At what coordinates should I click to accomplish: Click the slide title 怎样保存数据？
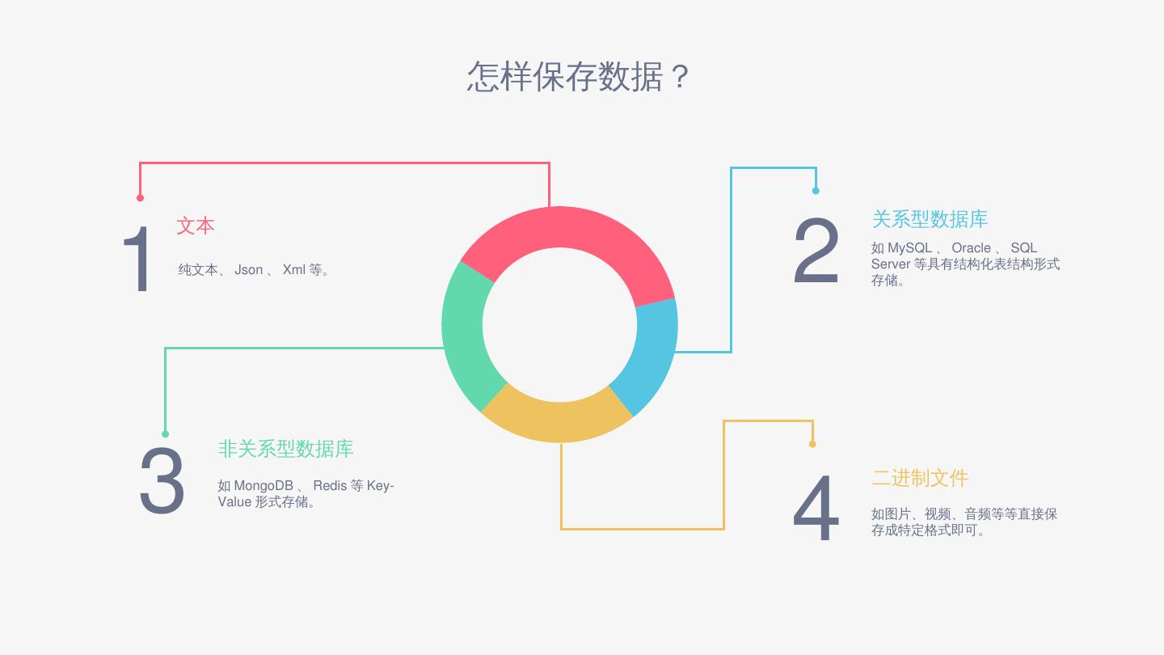(578, 77)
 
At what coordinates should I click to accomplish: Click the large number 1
(138, 260)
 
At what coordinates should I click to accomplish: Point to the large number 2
(816, 251)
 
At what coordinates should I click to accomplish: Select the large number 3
(162, 481)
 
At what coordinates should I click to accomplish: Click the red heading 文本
(196, 226)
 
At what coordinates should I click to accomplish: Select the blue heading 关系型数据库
(930, 219)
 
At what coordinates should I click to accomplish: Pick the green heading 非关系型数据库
(285, 449)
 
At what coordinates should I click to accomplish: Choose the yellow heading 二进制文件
(920, 478)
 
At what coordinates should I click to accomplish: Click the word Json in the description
(248, 270)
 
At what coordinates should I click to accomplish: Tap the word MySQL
(909, 248)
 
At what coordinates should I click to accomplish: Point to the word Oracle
(971, 248)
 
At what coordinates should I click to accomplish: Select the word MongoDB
(264, 486)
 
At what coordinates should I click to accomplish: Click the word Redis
(330, 486)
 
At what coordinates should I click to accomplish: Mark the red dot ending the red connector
(140, 197)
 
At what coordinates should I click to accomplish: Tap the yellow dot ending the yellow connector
(812, 444)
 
